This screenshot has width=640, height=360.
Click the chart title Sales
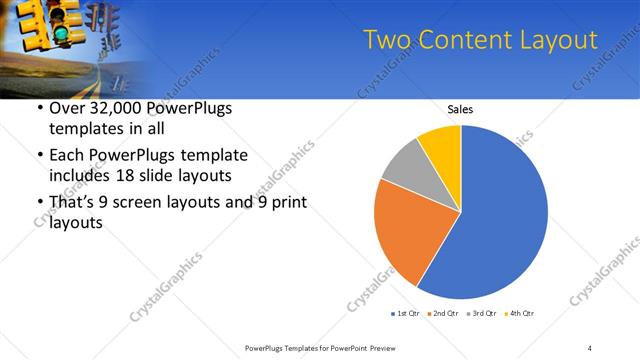(x=460, y=109)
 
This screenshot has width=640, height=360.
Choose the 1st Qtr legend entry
(x=407, y=314)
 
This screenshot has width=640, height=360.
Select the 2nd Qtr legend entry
(x=446, y=314)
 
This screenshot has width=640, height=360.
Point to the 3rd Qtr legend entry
(x=484, y=314)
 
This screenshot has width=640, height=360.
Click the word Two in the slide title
(x=383, y=39)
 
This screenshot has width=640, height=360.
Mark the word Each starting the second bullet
(x=67, y=156)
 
